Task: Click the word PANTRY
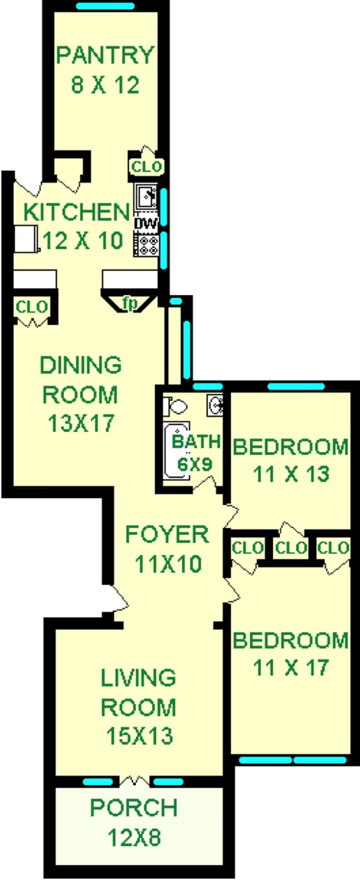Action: click(x=105, y=56)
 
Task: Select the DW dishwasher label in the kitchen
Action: click(x=146, y=223)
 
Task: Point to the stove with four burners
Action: click(x=146, y=245)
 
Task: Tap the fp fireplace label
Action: click(x=129, y=303)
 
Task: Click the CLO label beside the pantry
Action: click(x=147, y=167)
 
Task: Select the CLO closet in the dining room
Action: click(x=32, y=308)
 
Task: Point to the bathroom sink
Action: click(x=216, y=404)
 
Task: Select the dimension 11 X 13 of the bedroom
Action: click(x=290, y=474)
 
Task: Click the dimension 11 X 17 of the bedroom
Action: click(x=290, y=668)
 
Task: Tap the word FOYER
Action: click(x=166, y=534)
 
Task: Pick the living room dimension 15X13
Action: click(x=138, y=735)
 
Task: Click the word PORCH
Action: click(x=134, y=808)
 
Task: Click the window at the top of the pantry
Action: click(x=105, y=7)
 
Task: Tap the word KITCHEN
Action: click(x=76, y=213)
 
